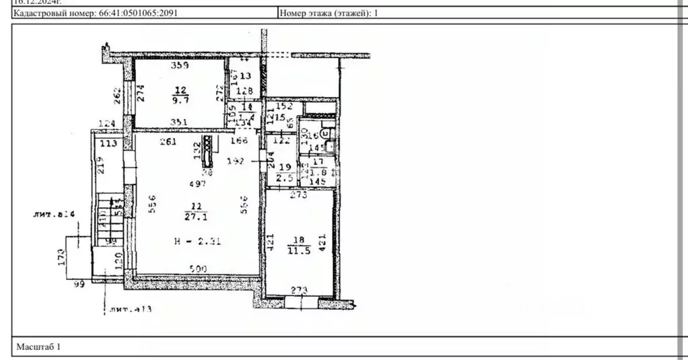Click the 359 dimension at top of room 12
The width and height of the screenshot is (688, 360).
point(179,66)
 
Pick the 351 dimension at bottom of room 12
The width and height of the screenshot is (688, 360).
point(179,122)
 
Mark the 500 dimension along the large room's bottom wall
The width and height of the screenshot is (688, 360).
point(198,268)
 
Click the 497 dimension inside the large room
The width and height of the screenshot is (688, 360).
point(197,184)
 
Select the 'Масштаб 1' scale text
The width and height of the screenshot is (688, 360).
point(38,347)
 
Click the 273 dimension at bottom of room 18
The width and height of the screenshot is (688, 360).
point(298,291)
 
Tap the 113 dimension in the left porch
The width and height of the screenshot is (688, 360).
point(108,143)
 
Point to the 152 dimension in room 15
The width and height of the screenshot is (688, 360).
point(285,106)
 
